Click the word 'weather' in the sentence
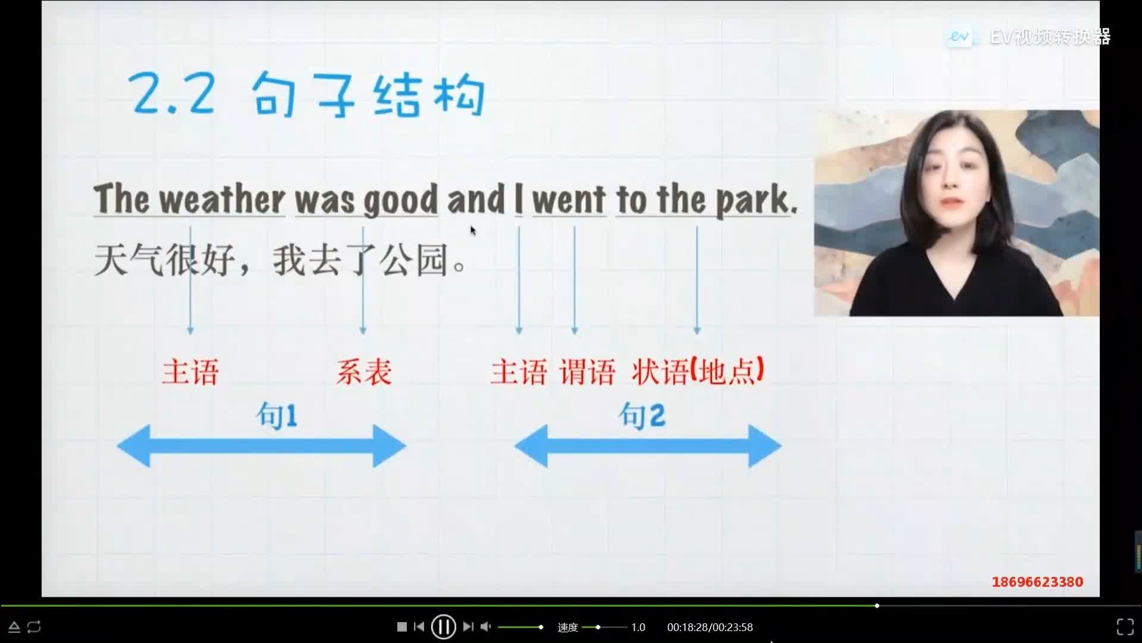[x=222, y=199]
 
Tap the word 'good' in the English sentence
[x=401, y=200]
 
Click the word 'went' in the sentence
[x=569, y=199]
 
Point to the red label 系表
[x=363, y=372]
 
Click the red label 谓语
[x=586, y=372]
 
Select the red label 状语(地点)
[x=698, y=372]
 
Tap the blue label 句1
[x=277, y=415]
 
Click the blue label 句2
[x=642, y=415]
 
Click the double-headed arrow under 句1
[x=262, y=446]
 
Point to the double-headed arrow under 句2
[x=648, y=446]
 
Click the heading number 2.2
[x=172, y=94]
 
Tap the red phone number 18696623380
[x=1037, y=582]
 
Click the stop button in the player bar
[x=402, y=626]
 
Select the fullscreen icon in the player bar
[x=1125, y=626]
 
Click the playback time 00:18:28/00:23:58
[x=710, y=627]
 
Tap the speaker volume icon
[x=486, y=626]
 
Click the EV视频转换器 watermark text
[x=1050, y=37]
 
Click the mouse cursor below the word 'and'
[x=473, y=230]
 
